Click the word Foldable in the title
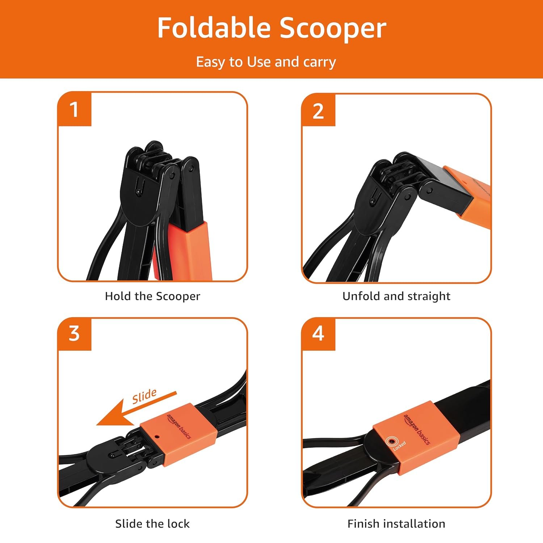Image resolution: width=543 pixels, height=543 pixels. pyautogui.click(x=214, y=28)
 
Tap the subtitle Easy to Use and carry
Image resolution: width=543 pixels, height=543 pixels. pyautogui.click(x=266, y=62)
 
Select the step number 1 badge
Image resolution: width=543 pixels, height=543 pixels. pyautogui.click(x=75, y=109)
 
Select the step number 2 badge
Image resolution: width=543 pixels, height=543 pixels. pyautogui.click(x=318, y=110)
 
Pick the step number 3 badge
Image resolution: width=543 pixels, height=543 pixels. pyautogui.click(x=75, y=334)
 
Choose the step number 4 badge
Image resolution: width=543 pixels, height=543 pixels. pyautogui.click(x=318, y=334)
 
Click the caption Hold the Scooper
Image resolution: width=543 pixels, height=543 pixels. pyautogui.click(x=152, y=296)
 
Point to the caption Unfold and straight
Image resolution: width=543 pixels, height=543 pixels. pyautogui.click(x=396, y=296)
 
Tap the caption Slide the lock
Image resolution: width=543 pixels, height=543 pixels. pyautogui.click(x=152, y=524)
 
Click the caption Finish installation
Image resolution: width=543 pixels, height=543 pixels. pyautogui.click(x=396, y=524)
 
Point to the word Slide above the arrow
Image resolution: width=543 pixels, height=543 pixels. pyautogui.click(x=144, y=396)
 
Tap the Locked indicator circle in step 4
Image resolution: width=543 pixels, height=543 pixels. pyautogui.click(x=391, y=441)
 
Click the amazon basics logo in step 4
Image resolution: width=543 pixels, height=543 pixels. pyautogui.click(x=417, y=429)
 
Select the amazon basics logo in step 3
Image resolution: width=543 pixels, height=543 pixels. pyautogui.click(x=178, y=426)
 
